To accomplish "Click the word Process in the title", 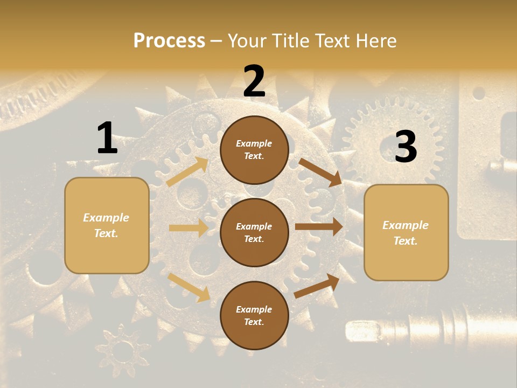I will click(x=169, y=40).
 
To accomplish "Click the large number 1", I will click(x=107, y=138).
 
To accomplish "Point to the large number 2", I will click(x=254, y=81).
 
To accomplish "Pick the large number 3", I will click(x=406, y=147).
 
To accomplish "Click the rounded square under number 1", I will click(x=107, y=225).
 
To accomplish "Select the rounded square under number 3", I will click(x=406, y=232).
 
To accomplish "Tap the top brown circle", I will click(x=254, y=150).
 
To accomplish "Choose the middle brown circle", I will click(x=254, y=232).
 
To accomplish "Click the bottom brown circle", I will click(x=254, y=315).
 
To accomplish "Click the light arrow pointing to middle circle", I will click(x=188, y=228).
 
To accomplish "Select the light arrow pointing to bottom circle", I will click(x=189, y=287).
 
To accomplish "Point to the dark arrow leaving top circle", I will click(x=320, y=172).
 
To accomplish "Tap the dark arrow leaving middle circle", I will click(x=319, y=227).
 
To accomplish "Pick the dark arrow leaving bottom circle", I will click(x=317, y=286).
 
